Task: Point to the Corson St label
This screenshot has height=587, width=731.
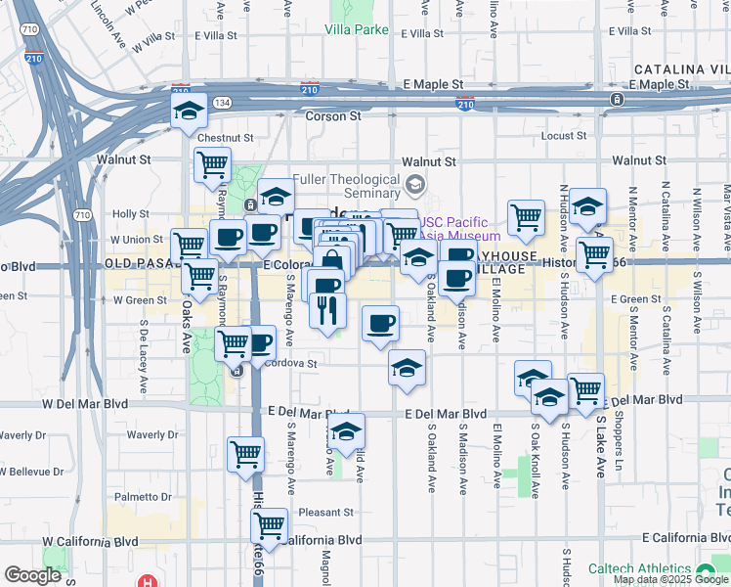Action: pos(333,115)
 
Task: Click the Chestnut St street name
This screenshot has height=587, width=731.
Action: pos(225,138)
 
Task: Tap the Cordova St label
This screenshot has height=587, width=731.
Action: pos(293,363)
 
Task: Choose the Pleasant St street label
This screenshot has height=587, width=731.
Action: pos(325,512)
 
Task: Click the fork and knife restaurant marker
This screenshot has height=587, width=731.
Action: pos(327,310)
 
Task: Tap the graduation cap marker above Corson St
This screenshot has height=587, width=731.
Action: pos(189,111)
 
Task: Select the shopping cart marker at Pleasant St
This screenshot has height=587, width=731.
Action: pos(269,525)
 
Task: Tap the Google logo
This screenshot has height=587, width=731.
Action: pos(32,575)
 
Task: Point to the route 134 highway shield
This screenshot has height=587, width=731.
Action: pos(223,103)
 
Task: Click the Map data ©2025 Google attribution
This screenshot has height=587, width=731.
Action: pos(670,579)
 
